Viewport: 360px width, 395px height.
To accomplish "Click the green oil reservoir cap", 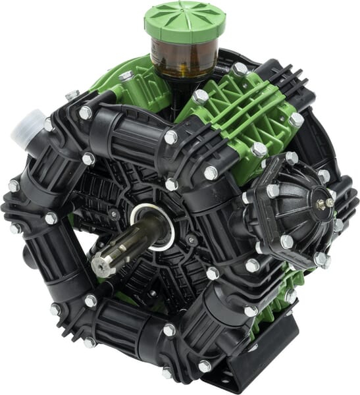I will click(x=176, y=20).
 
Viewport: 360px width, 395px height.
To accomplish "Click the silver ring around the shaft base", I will click(x=153, y=227).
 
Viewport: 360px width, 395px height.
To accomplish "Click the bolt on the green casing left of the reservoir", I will click(x=126, y=76).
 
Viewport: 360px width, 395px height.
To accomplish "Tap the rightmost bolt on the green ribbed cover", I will click(x=296, y=120).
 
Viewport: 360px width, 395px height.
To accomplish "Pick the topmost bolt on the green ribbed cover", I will click(x=240, y=68).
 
